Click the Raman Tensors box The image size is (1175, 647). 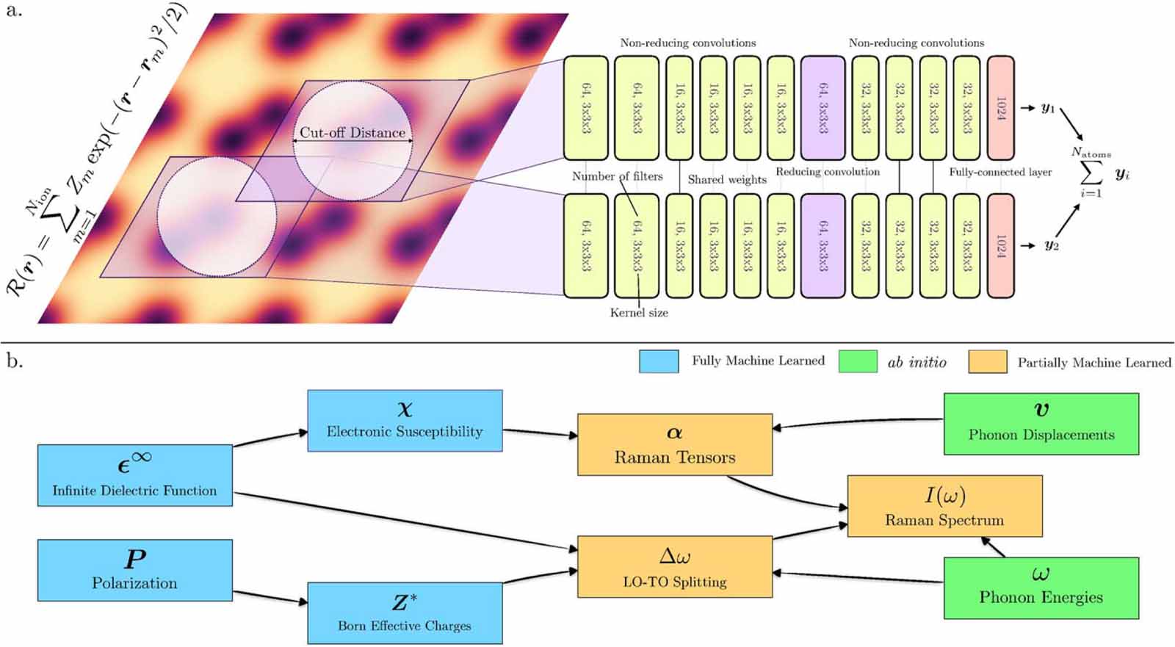(674, 444)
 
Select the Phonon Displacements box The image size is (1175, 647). (1041, 424)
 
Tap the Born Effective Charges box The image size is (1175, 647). (405, 613)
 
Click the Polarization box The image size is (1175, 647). (134, 571)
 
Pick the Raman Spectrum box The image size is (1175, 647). (944, 506)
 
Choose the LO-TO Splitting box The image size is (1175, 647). (674, 566)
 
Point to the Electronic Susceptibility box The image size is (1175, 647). (405, 420)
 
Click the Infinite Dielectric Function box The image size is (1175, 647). (134, 475)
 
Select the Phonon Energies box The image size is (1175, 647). (1041, 588)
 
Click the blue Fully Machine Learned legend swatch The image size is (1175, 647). (658, 361)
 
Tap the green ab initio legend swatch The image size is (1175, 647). (858, 361)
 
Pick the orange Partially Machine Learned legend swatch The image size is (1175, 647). (987, 361)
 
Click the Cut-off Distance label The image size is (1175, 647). (352, 132)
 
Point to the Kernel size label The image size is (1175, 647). (639, 313)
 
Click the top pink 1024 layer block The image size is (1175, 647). (1000, 108)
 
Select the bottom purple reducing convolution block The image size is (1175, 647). (822, 245)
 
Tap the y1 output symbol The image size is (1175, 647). (1047, 109)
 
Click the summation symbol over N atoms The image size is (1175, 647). (1091, 173)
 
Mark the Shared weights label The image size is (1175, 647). (727, 179)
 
